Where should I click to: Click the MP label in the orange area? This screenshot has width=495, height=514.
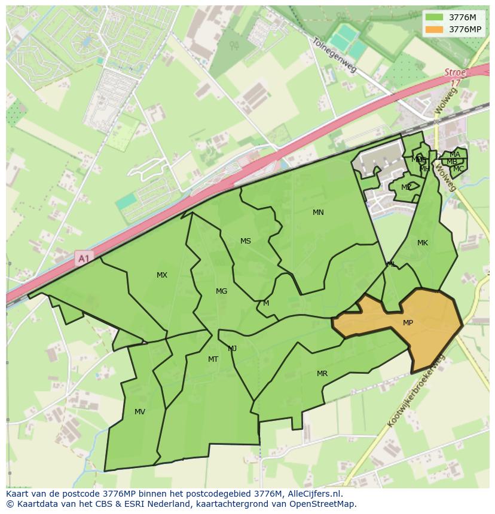(408, 323)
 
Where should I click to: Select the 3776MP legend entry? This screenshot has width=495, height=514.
(457, 29)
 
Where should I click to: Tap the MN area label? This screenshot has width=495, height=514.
(318, 213)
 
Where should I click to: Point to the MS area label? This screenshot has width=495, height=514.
(246, 241)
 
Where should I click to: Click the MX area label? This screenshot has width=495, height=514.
(162, 275)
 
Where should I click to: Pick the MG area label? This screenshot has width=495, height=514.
(221, 291)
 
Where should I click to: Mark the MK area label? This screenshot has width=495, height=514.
(423, 243)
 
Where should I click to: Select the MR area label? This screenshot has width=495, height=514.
(322, 374)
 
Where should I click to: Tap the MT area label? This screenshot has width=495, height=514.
(213, 359)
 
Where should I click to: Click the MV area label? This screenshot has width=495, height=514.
(140, 412)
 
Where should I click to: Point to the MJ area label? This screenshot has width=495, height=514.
(233, 349)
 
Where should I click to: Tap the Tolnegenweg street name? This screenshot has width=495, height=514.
(334, 55)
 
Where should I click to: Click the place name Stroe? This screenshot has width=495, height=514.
(455, 72)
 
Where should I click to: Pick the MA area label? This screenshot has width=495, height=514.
(455, 155)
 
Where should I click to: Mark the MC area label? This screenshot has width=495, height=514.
(459, 169)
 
